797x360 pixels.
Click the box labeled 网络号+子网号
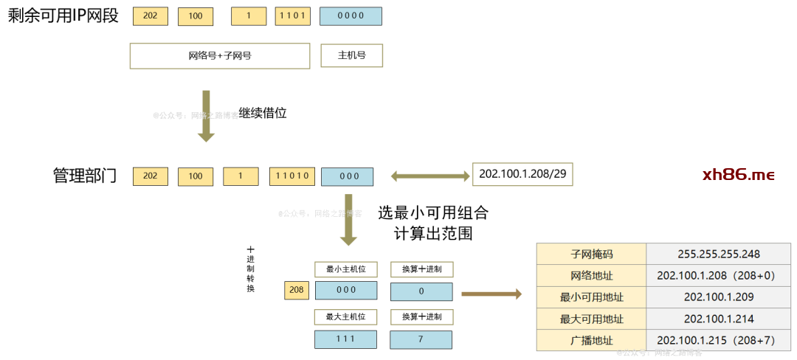(219, 55)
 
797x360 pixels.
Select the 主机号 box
(351, 55)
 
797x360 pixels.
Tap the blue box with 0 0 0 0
(351, 15)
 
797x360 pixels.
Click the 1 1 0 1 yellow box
(293, 15)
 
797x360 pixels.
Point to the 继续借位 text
(262, 113)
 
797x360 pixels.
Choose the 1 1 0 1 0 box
(292, 176)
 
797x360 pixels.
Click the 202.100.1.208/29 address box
(522, 174)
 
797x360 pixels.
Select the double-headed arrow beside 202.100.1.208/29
(430, 176)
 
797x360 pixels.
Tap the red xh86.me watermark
(738, 175)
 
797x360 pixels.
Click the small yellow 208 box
(297, 290)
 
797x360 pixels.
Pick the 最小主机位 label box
(345, 269)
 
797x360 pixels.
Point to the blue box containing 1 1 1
(345, 339)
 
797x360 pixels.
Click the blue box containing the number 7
(421, 339)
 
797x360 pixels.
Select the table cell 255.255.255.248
(718, 255)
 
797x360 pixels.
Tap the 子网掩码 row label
(591, 255)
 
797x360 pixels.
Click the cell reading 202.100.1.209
(718, 297)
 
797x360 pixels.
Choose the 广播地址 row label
(591, 340)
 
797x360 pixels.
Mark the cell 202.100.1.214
(718, 319)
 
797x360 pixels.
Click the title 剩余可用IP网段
(63, 16)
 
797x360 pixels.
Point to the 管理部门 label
(84, 176)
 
